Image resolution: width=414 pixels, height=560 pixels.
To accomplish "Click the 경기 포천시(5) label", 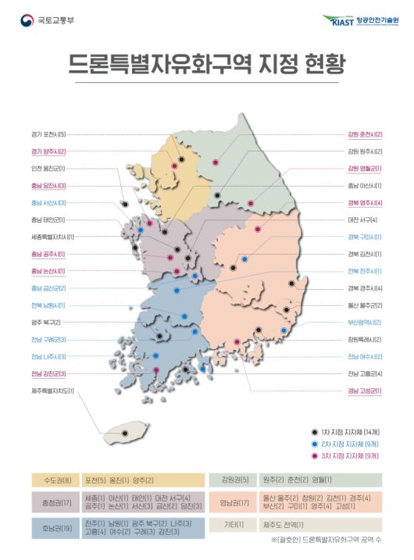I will [48, 134].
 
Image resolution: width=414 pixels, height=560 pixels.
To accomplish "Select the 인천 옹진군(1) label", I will [48, 169].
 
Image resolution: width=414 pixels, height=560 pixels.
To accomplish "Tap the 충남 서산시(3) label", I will [48, 203].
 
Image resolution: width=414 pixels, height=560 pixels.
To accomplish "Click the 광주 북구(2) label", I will [46, 322].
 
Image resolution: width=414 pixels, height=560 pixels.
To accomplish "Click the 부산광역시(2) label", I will [364, 322].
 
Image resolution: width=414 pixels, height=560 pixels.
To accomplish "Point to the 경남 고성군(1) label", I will [364, 391].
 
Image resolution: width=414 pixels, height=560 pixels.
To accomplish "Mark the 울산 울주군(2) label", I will [364, 305].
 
